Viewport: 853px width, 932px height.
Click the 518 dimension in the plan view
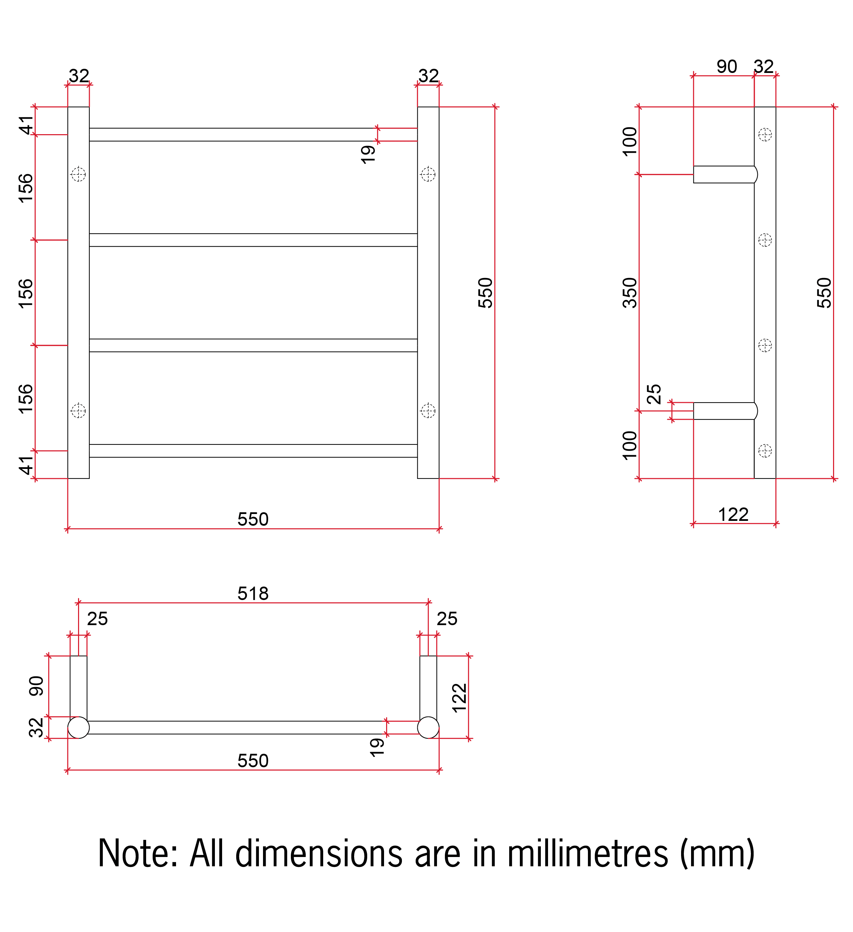click(253, 593)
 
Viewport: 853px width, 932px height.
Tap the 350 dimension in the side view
click(630, 293)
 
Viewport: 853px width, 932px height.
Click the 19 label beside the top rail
click(368, 154)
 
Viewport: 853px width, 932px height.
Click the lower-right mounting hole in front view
click(428, 410)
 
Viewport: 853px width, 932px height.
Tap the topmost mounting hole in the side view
click(765, 135)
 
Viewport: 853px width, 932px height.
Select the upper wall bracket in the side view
click(724, 175)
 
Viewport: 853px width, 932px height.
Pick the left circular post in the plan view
click(78, 728)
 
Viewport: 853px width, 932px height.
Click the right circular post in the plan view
click(428, 728)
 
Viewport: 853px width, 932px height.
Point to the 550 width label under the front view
click(253, 519)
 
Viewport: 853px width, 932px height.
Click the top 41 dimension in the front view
click(26, 125)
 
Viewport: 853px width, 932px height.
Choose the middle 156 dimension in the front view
click(26, 293)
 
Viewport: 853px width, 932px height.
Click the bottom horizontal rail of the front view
click(253, 451)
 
